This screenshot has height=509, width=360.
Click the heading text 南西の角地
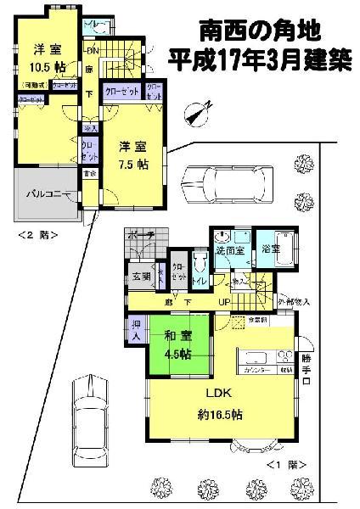259,31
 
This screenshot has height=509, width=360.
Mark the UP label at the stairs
224,302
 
